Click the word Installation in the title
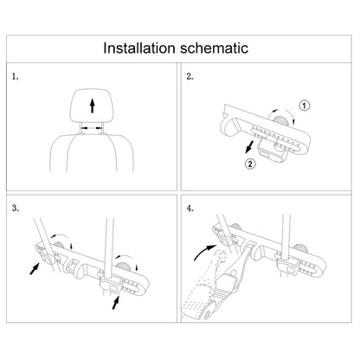[144, 48]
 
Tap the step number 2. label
[190, 77]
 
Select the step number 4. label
[190, 209]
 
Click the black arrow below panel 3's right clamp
[117, 305]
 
